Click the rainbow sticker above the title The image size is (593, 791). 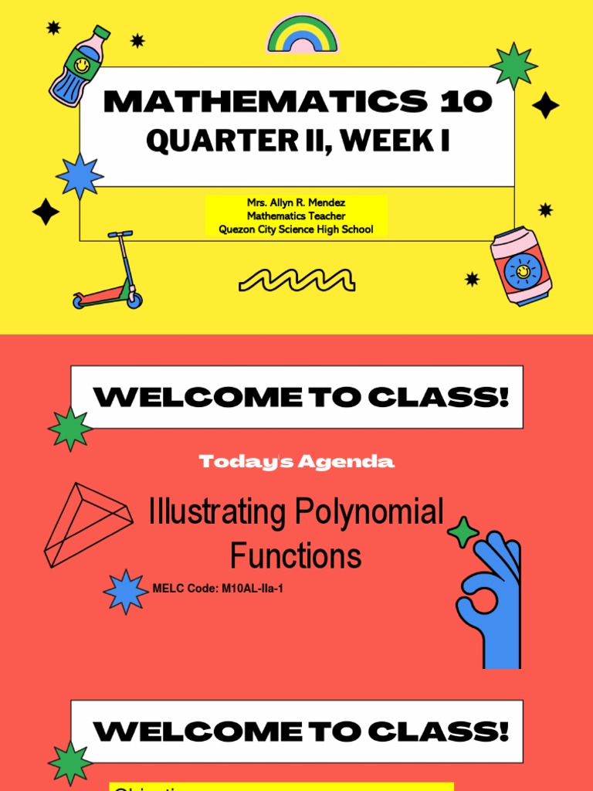click(x=302, y=36)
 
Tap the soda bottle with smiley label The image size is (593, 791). click(x=79, y=65)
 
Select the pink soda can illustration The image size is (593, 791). click(x=521, y=266)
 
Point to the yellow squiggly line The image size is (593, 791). click(x=296, y=280)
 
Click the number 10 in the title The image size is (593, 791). click(x=466, y=101)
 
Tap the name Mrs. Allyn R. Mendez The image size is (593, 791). click(x=296, y=202)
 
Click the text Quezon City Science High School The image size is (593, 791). click(x=296, y=229)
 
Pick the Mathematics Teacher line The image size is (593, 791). click(x=296, y=216)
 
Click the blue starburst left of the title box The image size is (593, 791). click(x=80, y=175)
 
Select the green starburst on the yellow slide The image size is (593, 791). click(x=513, y=66)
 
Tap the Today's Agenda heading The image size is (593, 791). click(x=296, y=462)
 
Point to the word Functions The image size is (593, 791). click(x=296, y=555)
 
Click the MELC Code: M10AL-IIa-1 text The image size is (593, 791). click(x=212, y=589)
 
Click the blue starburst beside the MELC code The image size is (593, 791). click(x=125, y=592)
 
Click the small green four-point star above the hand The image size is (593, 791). click(x=463, y=532)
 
